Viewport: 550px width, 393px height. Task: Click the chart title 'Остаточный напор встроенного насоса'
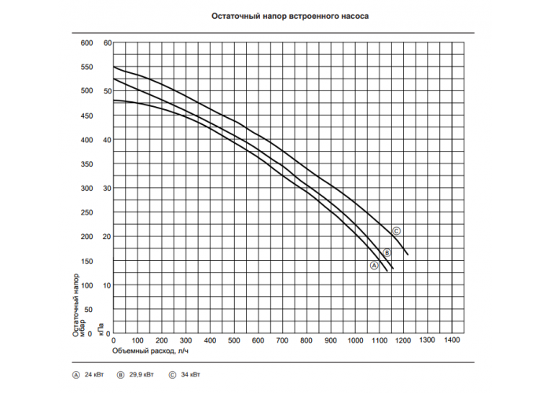(x=290, y=17)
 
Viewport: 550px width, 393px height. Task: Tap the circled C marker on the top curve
(x=396, y=231)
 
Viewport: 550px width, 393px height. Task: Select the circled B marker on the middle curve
(x=387, y=252)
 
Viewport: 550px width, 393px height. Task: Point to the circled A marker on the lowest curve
(x=374, y=266)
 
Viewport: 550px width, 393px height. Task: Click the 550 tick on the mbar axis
(x=86, y=67)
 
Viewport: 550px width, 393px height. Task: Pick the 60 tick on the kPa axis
(x=108, y=42)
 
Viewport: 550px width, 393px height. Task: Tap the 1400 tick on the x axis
(x=452, y=340)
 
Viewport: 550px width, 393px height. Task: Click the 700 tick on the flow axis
(x=282, y=340)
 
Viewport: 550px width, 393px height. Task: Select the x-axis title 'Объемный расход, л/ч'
(x=150, y=351)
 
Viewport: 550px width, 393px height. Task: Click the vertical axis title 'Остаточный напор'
(x=75, y=305)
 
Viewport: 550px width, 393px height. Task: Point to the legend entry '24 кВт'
(x=94, y=374)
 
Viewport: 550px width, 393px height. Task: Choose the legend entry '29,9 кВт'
(x=141, y=374)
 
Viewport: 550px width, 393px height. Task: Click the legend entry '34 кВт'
(x=190, y=374)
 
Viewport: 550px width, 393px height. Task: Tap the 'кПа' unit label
(x=101, y=329)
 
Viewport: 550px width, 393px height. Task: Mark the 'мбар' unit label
(x=82, y=328)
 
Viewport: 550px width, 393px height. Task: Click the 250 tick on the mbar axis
(x=86, y=213)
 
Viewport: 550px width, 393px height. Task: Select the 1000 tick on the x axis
(x=355, y=340)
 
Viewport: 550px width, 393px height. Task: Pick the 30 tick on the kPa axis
(x=107, y=189)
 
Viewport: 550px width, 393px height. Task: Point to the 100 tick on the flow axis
(x=137, y=340)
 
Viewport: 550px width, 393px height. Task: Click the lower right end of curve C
(x=408, y=255)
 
